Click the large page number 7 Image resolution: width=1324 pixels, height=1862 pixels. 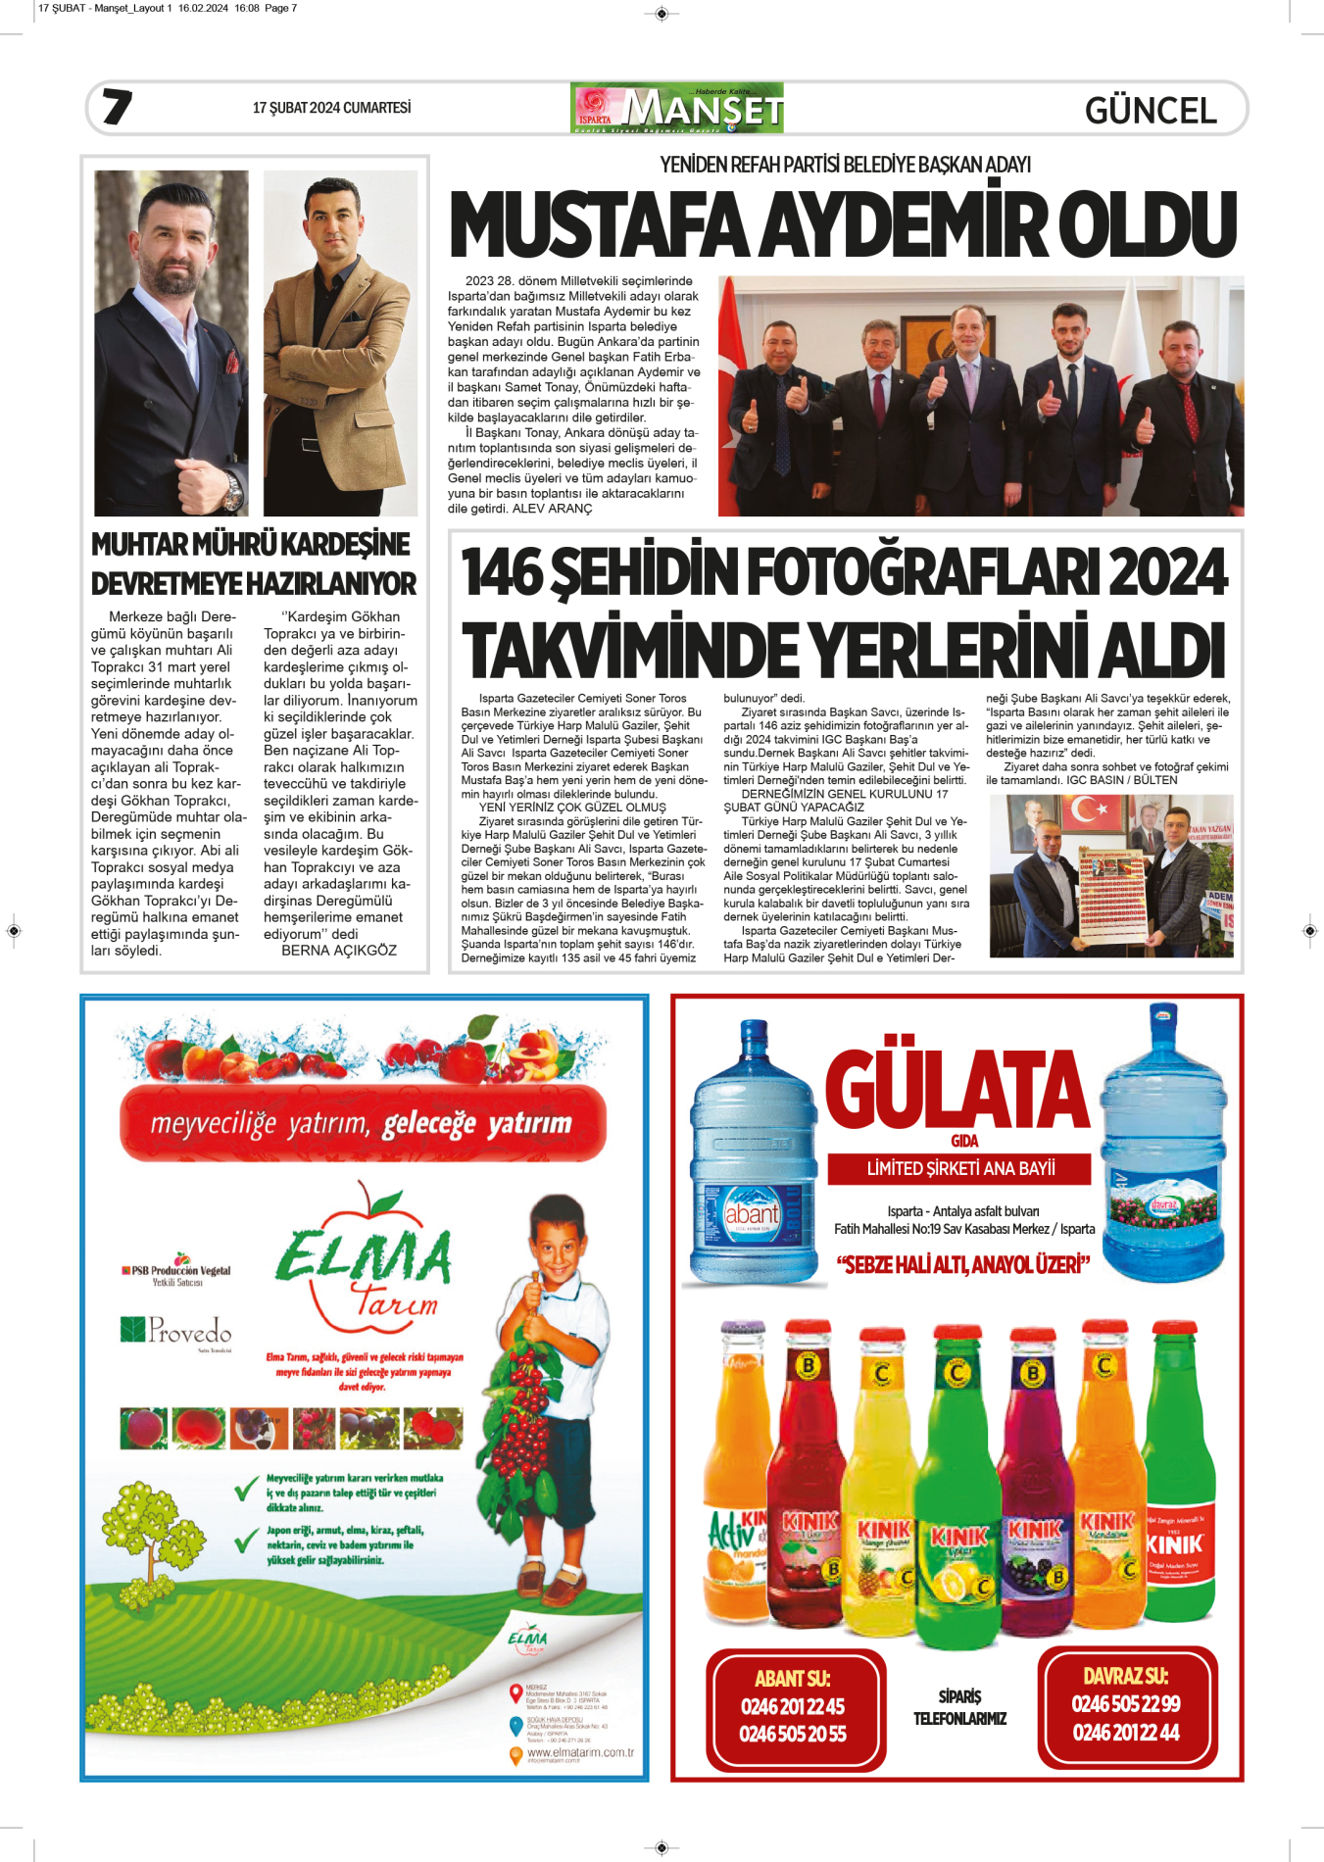[x=117, y=107]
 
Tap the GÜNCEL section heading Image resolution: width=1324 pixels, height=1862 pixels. [x=1150, y=110]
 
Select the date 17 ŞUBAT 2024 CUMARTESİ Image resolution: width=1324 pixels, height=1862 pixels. [x=331, y=108]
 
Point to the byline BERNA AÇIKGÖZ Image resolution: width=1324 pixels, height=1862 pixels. [x=339, y=950]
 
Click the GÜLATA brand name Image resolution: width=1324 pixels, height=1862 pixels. [x=956, y=1088]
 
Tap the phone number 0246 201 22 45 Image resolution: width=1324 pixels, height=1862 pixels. [x=792, y=1706]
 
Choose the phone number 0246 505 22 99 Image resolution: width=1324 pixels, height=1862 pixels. [x=1125, y=1703]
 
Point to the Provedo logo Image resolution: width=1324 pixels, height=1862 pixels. [x=177, y=1331]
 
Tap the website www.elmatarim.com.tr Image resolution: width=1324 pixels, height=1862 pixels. [x=580, y=1752]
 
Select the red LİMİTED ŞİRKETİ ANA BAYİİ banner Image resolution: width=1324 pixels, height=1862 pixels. [x=959, y=1168]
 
